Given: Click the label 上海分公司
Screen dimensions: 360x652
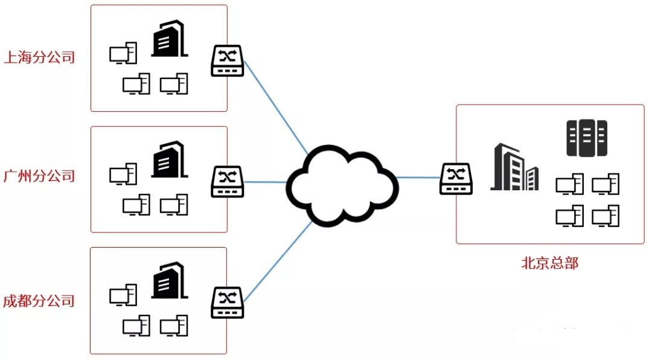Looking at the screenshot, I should click(x=39, y=58).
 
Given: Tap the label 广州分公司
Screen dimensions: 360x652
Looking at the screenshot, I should click(x=39, y=176).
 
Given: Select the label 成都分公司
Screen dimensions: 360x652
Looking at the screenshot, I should click(x=39, y=300).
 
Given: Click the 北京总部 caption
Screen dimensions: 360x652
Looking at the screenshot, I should click(x=549, y=263).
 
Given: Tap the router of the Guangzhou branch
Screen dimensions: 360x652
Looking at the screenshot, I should click(x=227, y=181).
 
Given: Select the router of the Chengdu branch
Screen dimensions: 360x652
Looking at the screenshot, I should click(x=227, y=303).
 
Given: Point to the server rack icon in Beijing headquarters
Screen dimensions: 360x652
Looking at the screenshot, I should click(x=586, y=138).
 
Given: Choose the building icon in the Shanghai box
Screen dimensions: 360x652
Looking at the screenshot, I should click(x=168, y=39).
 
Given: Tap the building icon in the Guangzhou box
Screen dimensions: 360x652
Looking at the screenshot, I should click(x=168, y=159).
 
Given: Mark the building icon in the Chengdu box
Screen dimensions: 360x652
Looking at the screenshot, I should click(x=168, y=281).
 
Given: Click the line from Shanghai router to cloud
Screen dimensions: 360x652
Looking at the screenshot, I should click(x=275, y=106).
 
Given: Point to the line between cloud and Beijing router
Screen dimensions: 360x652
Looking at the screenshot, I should click(x=418, y=178).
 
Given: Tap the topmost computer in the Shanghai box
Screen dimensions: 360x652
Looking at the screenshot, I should click(x=123, y=54).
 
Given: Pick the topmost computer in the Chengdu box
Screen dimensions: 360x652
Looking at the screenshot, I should click(x=123, y=295).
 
